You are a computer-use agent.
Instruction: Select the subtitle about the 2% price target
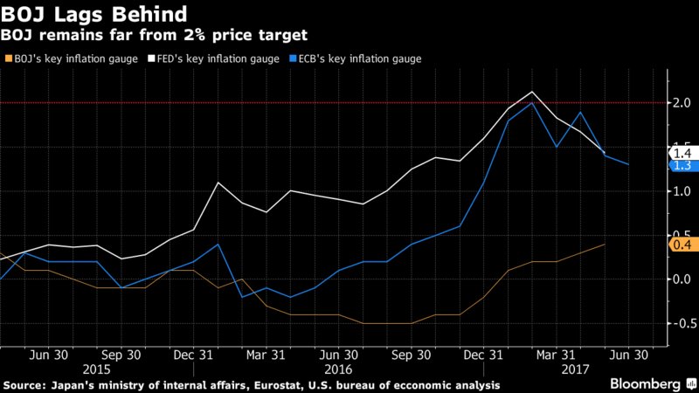[x=154, y=35]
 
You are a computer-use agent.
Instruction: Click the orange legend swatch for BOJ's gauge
[x=9, y=59]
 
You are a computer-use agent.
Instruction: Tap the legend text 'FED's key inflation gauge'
[x=206, y=59]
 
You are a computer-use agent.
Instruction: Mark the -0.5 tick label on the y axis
[x=678, y=322]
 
